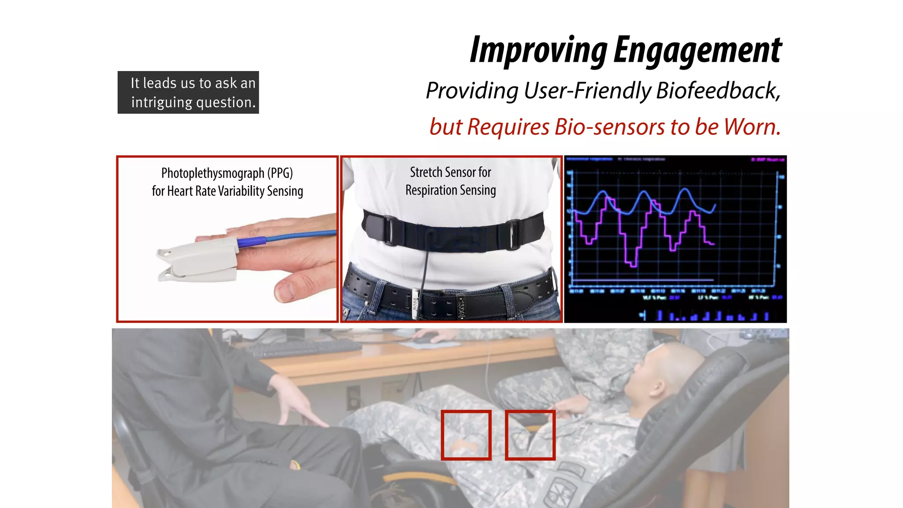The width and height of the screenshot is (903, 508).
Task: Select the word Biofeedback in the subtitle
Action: click(x=718, y=91)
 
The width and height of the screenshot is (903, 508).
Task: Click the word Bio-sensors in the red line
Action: click(x=610, y=127)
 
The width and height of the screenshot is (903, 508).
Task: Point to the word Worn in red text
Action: click(x=751, y=127)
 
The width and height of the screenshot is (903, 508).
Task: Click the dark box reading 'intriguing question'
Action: click(x=188, y=93)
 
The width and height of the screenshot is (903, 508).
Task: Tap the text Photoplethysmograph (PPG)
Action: click(x=227, y=173)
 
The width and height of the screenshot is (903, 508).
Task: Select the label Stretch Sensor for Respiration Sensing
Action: click(x=451, y=181)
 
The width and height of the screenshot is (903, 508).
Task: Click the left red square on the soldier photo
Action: click(x=466, y=435)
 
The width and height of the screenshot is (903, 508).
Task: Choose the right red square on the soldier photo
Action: click(x=530, y=435)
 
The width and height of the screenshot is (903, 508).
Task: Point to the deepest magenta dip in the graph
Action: click(x=632, y=265)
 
